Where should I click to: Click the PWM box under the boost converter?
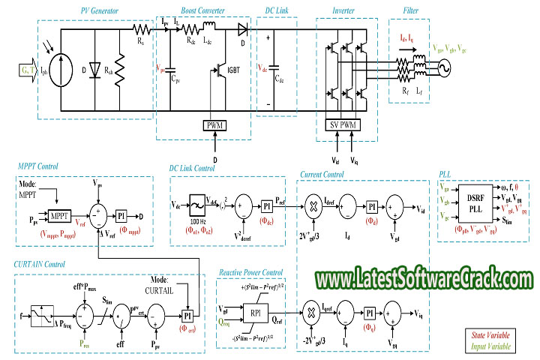pyautogui.click(x=214, y=124)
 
